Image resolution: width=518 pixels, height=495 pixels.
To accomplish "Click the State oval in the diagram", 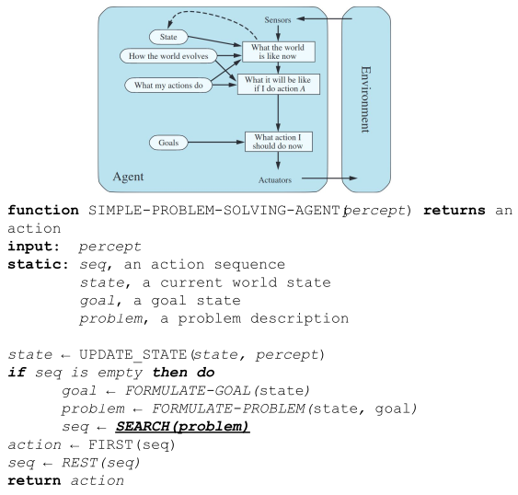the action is (x=168, y=37).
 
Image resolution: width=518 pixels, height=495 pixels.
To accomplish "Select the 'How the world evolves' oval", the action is (x=168, y=56).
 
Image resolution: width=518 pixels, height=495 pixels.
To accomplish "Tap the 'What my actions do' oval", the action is (x=168, y=86).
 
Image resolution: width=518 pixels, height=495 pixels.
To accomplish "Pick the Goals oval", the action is (x=168, y=143).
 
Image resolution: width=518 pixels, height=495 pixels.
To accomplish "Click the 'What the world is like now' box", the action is (x=279, y=52).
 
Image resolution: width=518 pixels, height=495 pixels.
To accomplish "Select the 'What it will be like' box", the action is (x=279, y=85).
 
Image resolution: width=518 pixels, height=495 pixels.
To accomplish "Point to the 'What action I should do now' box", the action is (x=279, y=142).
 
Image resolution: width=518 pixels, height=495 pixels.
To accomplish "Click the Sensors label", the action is (x=278, y=20).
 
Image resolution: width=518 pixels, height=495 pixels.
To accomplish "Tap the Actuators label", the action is (x=275, y=180).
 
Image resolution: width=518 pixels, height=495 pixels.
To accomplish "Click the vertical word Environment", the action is (x=365, y=99).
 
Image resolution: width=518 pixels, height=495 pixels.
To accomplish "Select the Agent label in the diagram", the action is (x=128, y=177).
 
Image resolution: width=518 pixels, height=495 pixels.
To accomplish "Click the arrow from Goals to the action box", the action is (x=216, y=143).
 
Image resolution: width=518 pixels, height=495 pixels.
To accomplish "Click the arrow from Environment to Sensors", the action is (x=324, y=18).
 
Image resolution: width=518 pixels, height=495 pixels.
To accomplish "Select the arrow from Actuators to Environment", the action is (x=329, y=178).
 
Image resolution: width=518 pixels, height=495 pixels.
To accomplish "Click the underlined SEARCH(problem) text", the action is (x=182, y=427).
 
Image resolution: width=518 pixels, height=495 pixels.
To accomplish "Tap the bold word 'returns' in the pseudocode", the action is (x=455, y=211).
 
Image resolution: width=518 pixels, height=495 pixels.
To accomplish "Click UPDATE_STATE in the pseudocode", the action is (x=133, y=354).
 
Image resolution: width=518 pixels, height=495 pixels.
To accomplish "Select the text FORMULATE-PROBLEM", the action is (x=228, y=409).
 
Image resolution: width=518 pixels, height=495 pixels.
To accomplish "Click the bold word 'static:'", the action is (x=39, y=265).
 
